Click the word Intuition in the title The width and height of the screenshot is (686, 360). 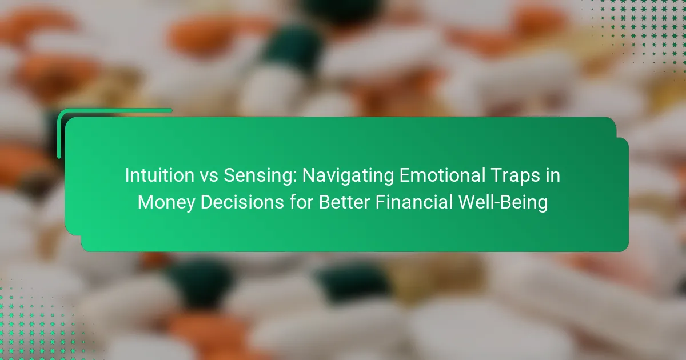159,175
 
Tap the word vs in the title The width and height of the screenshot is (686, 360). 209,176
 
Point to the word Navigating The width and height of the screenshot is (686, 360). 348,176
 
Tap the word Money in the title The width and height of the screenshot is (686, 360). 166,202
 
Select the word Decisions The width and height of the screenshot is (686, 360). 242,202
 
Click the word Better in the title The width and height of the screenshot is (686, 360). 344,202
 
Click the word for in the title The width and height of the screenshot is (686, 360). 301,202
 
